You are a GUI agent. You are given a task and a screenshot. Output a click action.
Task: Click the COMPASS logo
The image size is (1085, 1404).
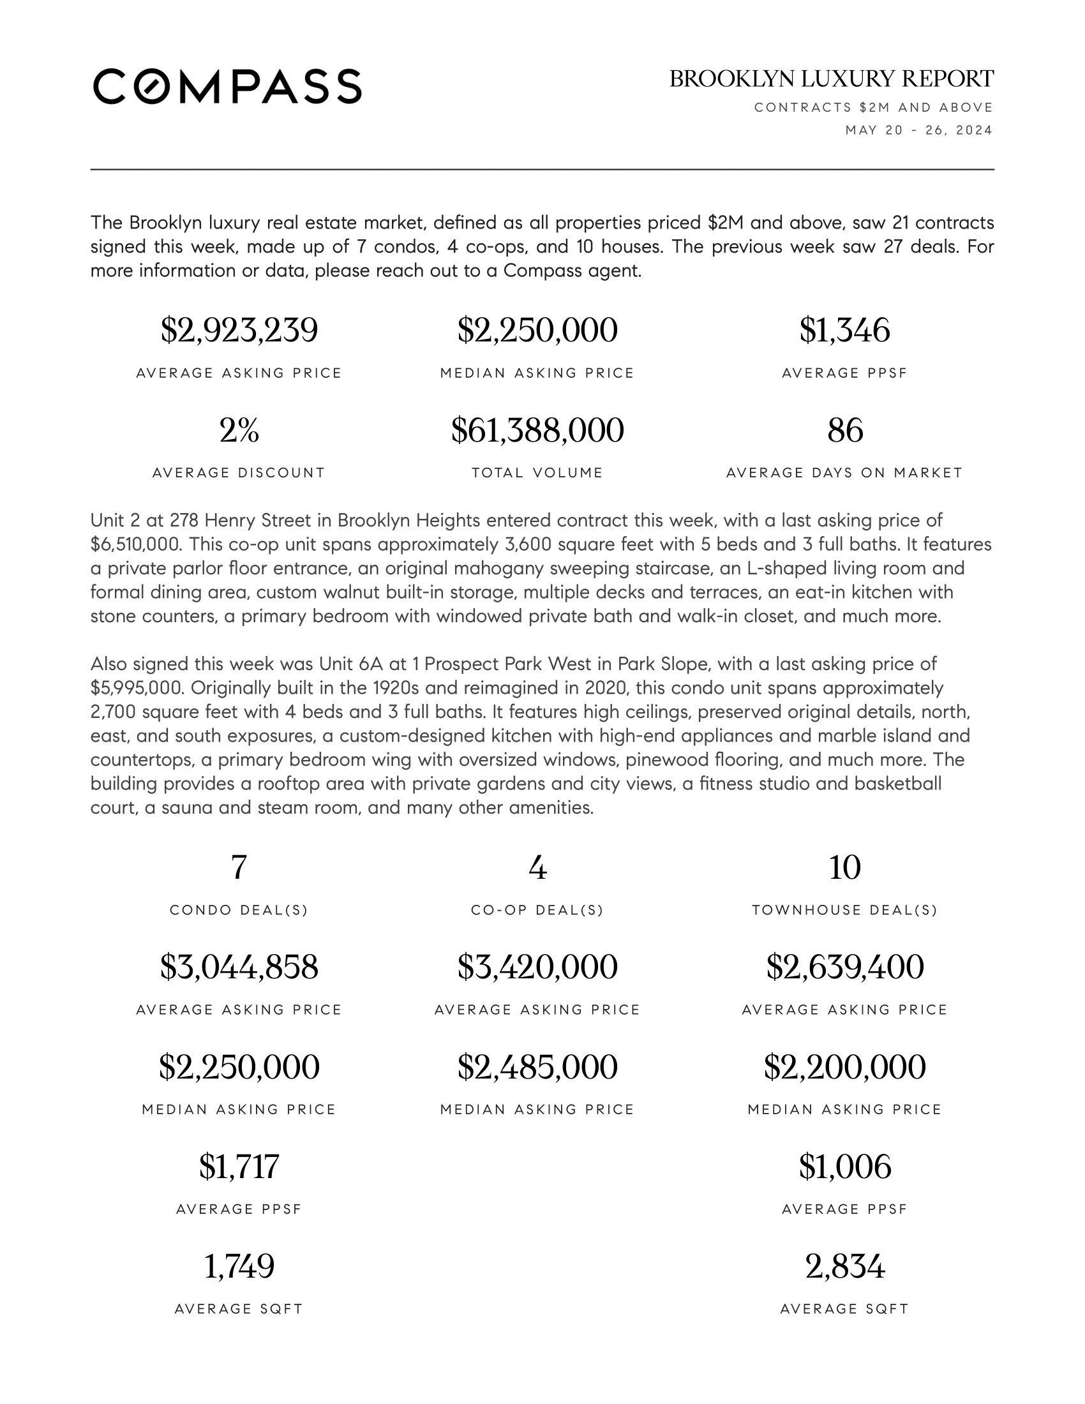click(227, 86)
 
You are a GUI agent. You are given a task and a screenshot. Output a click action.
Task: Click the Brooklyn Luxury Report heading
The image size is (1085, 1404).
click(831, 79)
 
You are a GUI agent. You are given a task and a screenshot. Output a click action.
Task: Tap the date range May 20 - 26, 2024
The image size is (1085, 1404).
click(918, 130)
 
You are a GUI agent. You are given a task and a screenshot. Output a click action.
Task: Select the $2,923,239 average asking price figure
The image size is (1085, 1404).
click(239, 331)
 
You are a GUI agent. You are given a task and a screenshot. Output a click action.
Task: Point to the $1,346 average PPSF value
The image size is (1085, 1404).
click(844, 331)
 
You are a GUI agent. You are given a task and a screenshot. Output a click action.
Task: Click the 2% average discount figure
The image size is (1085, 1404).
click(239, 430)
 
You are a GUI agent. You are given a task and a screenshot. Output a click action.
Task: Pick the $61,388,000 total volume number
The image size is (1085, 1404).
click(537, 430)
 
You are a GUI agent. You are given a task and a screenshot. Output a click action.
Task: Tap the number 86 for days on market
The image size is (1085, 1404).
click(844, 430)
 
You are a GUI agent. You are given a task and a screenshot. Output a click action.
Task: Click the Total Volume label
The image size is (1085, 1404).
click(537, 473)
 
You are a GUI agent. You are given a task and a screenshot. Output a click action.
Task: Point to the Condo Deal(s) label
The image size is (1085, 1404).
click(239, 910)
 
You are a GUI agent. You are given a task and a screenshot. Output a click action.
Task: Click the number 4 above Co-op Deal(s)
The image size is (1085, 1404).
click(537, 868)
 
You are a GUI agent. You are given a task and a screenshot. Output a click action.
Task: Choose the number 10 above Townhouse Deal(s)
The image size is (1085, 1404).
click(844, 868)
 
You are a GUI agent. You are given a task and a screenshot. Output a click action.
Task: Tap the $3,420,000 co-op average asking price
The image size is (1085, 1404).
click(537, 967)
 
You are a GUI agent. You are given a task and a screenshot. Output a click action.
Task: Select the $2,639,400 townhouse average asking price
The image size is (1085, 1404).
click(844, 967)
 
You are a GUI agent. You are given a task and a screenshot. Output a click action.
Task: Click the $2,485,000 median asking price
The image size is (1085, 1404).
click(537, 1067)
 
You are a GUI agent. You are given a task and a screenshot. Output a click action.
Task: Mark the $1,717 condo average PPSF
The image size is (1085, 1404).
click(239, 1167)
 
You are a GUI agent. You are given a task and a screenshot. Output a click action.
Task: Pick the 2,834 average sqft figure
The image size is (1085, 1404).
click(844, 1266)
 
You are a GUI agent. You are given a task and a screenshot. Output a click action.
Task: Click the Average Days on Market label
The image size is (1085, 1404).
click(844, 473)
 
